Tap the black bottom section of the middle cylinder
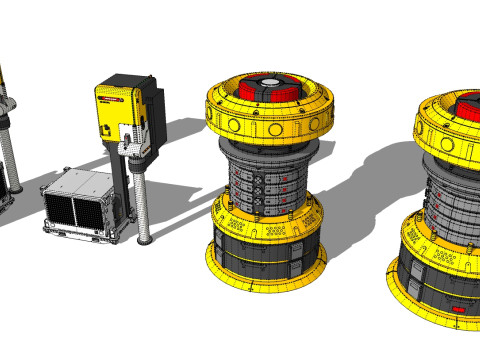pyautogui.click(x=264, y=254)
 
